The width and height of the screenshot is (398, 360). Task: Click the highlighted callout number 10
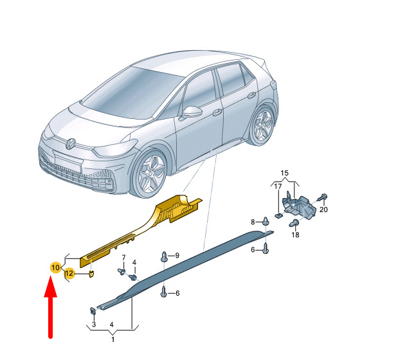click(x=55, y=267)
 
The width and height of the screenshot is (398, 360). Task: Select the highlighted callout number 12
click(x=69, y=273)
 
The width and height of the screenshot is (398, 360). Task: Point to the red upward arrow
click(x=51, y=307)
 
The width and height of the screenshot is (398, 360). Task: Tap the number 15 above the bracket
click(x=285, y=173)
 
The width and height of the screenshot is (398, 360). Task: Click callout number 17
click(x=278, y=186)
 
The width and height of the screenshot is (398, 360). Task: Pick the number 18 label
click(x=295, y=235)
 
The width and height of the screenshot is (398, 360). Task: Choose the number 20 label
click(x=323, y=210)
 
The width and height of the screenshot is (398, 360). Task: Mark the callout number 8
click(x=253, y=222)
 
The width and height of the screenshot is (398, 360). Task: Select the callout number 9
click(x=177, y=255)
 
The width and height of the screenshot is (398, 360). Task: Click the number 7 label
click(x=123, y=258)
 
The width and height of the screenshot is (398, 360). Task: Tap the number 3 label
click(x=94, y=324)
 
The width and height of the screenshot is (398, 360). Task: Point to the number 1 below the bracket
click(x=113, y=339)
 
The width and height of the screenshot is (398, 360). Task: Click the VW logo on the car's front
click(x=70, y=144)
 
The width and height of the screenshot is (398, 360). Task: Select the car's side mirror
click(x=191, y=113)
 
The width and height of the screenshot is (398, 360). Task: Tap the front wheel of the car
click(x=150, y=173)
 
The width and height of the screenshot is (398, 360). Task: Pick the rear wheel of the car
click(x=264, y=125)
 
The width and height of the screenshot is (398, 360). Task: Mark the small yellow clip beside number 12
click(x=91, y=274)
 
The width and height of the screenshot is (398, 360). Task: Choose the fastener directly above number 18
click(x=294, y=223)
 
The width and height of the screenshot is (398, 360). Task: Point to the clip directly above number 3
click(x=93, y=310)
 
